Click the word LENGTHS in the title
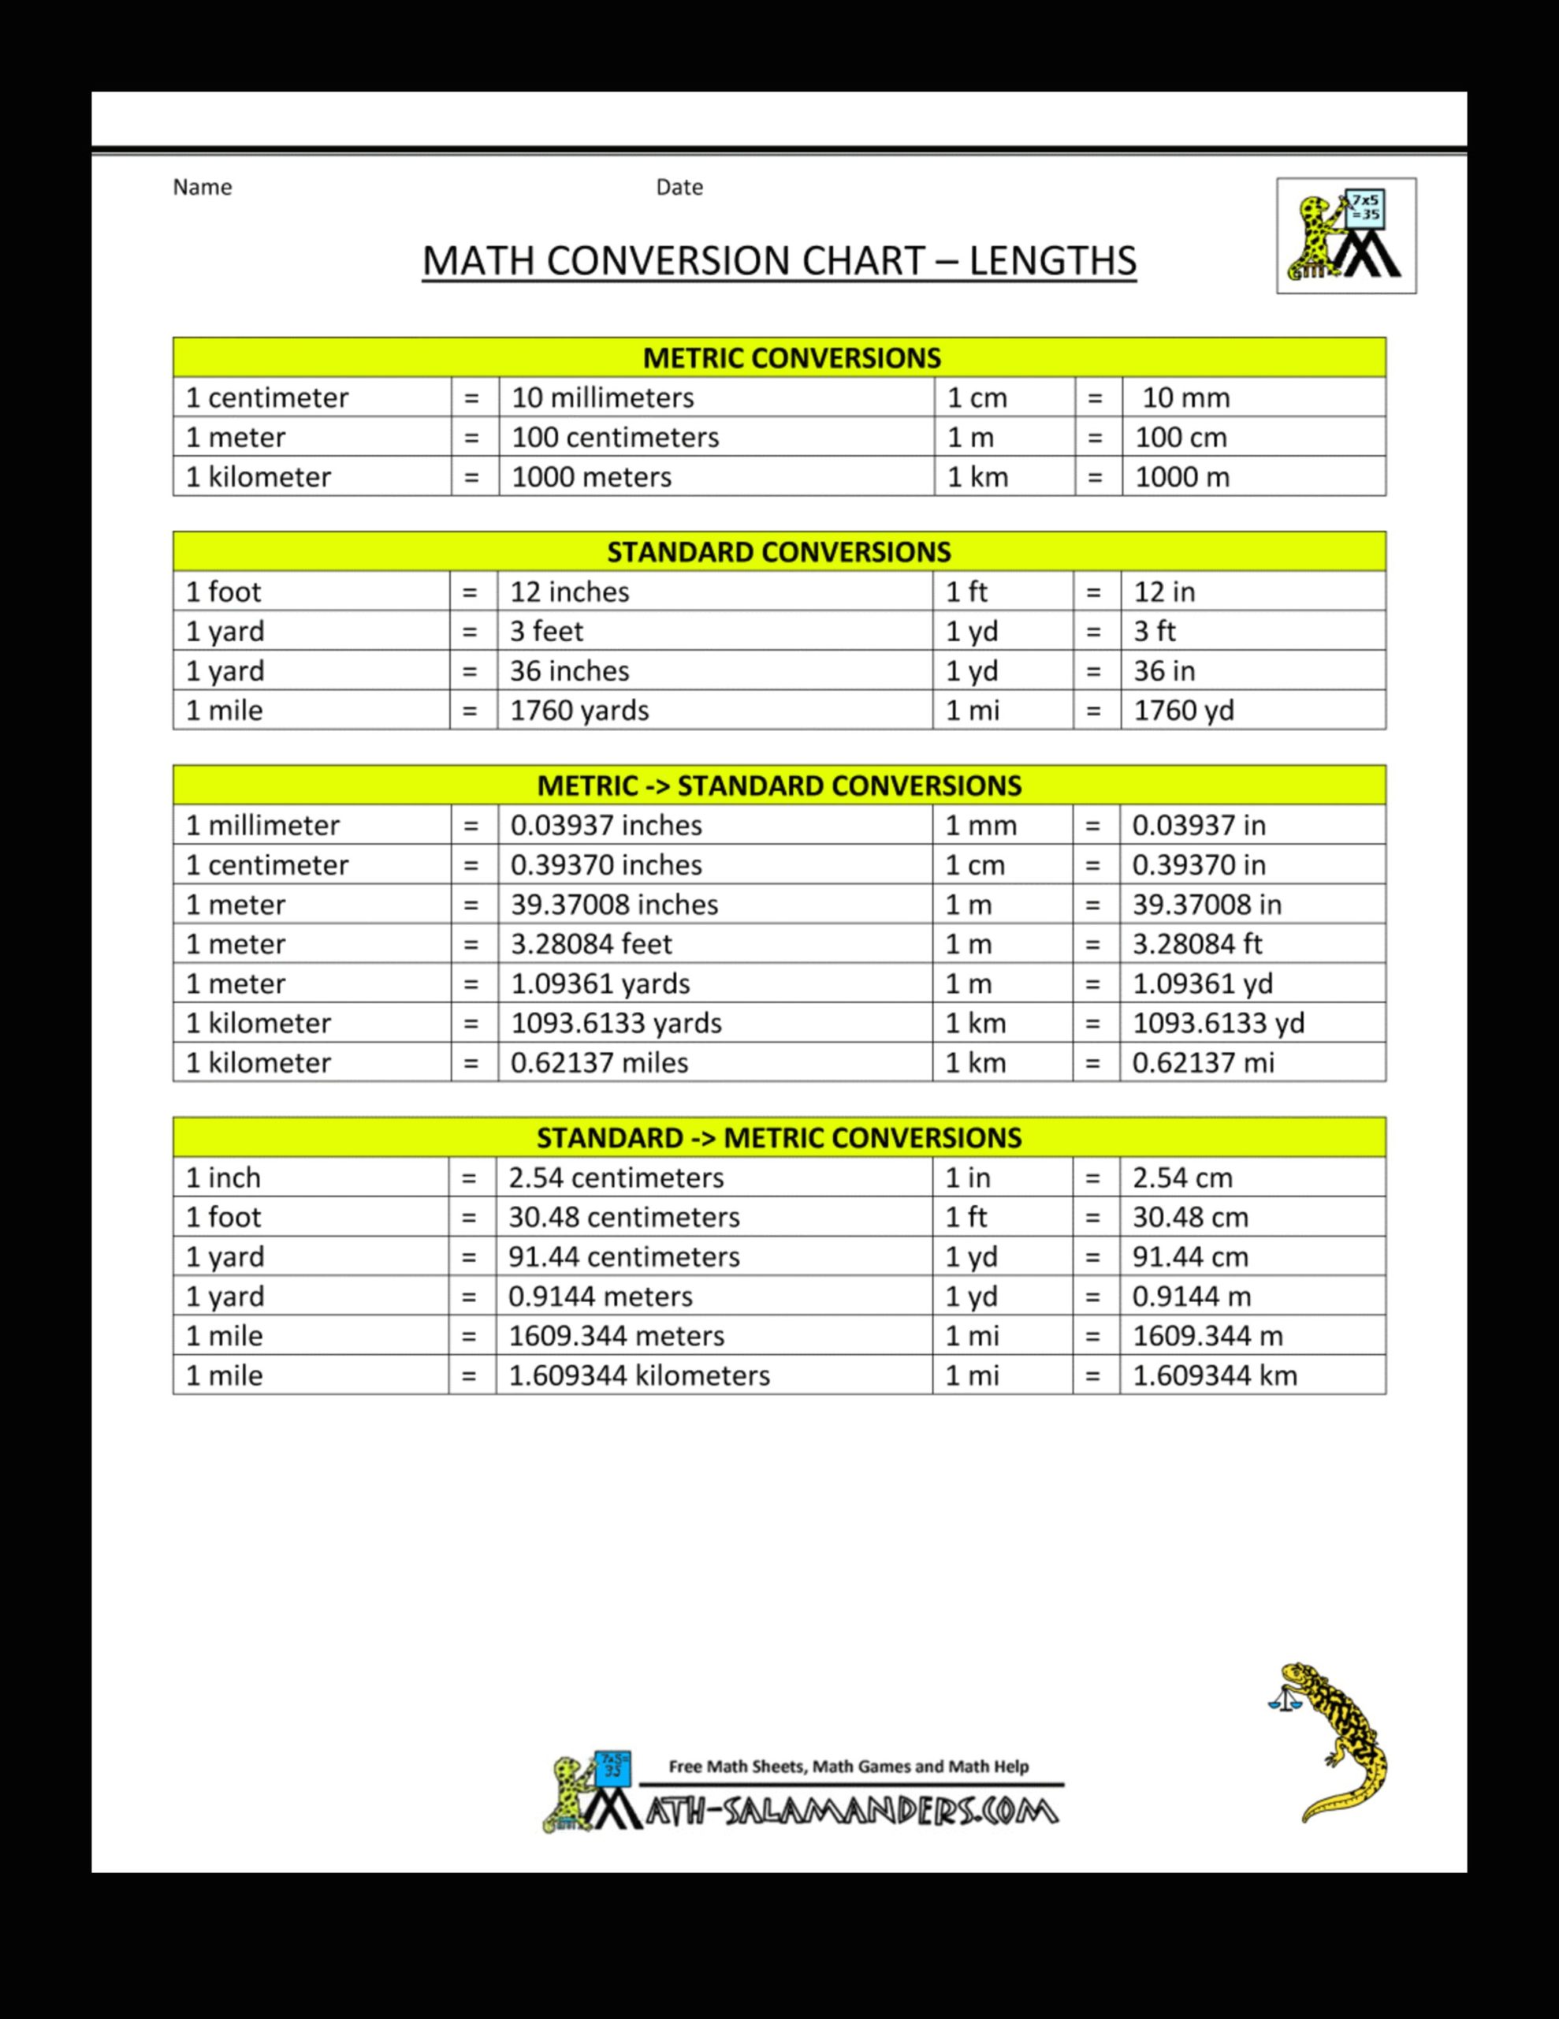(1051, 261)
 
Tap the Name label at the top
(203, 188)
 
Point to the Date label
(679, 188)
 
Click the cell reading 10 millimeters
(602, 397)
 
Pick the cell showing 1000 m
(1182, 477)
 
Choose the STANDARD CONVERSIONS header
(778, 552)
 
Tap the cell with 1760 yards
(579, 710)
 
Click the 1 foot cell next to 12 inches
(224, 592)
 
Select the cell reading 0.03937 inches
(606, 825)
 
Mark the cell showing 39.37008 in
(1207, 904)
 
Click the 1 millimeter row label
(262, 825)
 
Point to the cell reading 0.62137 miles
(599, 1062)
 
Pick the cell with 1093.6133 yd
(1218, 1022)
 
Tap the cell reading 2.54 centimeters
(616, 1177)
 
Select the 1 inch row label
(224, 1177)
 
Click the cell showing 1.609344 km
(1215, 1375)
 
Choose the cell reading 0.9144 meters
(600, 1296)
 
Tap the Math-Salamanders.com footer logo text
(850, 1811)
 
